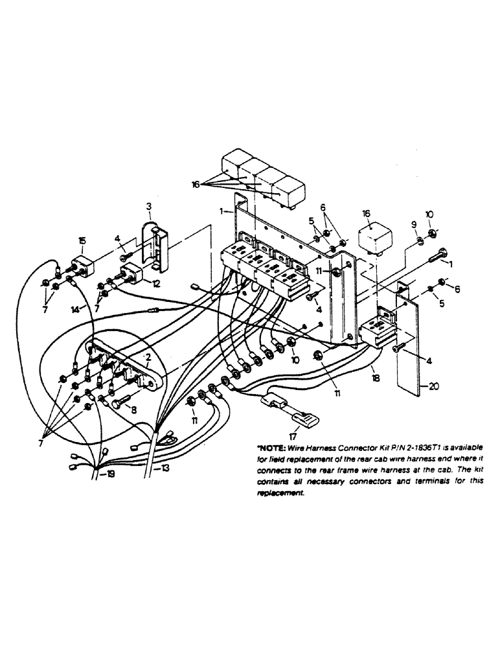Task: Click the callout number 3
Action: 148,207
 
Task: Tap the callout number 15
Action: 82,240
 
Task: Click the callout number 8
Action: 134,410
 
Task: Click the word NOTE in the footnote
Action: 273,448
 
